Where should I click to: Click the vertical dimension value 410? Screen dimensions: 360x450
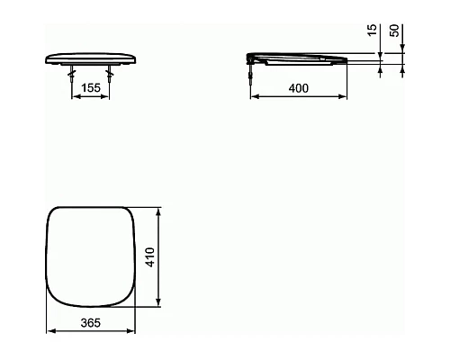150,258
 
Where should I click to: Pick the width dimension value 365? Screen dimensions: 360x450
89,323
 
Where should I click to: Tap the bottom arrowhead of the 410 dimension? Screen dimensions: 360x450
159,303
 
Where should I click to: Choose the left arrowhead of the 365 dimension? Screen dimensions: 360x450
49,331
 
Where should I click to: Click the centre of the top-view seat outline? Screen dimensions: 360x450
89,257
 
